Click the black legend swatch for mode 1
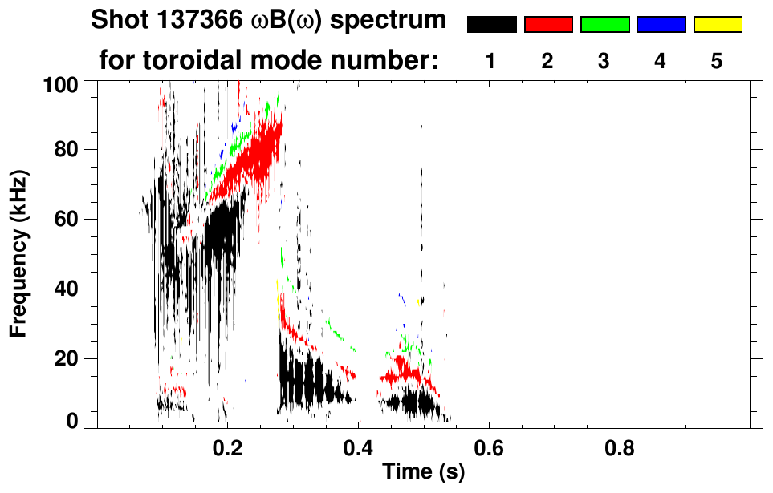[492, 25]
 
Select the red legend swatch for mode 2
[548, 25]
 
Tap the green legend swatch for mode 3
[604, 25]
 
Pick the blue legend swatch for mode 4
[661, 25]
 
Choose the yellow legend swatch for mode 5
[717, 25]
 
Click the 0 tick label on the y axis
[72, 422]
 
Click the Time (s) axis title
[422, 473]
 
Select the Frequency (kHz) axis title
[19, 253]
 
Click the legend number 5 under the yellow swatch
[717, 61]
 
